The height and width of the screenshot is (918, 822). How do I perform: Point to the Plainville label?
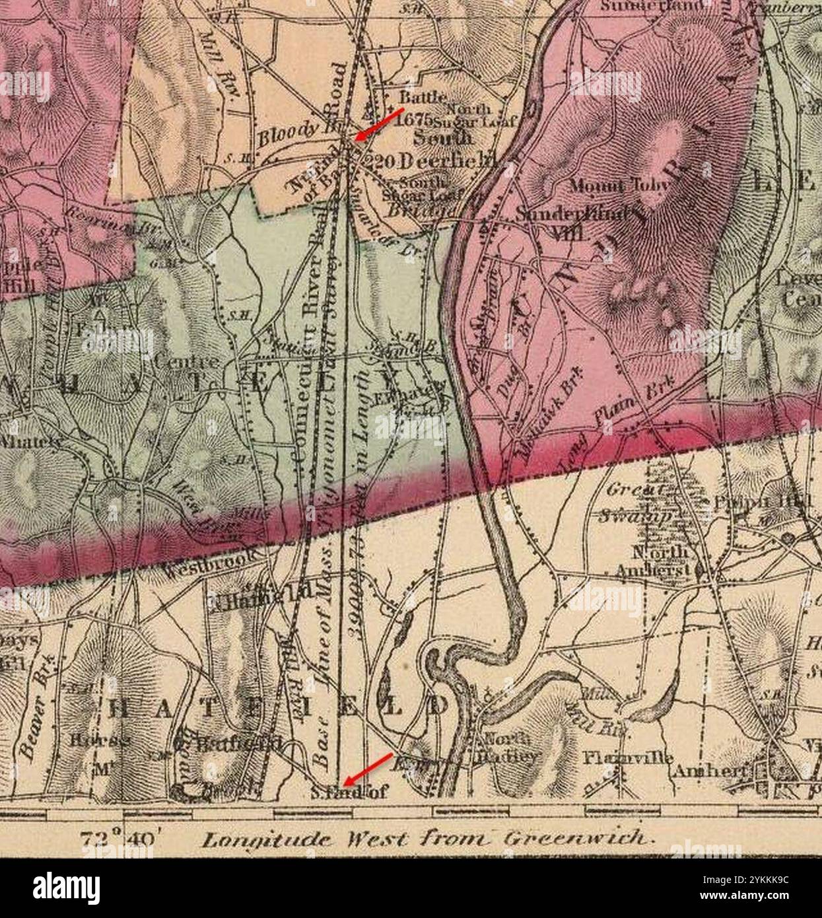pos(627,758)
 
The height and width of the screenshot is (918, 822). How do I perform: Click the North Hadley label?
pos(511,748)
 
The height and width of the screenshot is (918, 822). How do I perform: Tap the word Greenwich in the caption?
pos(580,839)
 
